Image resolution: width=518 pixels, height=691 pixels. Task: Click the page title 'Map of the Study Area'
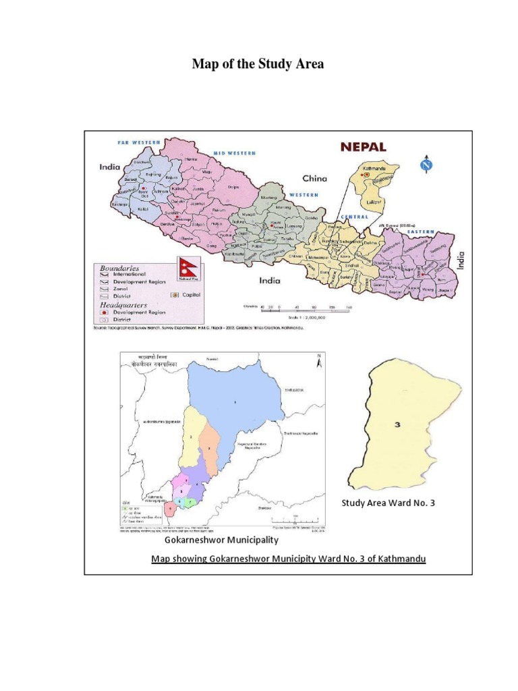[258, 65]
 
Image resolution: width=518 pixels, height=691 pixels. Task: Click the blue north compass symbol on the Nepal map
[426, 164]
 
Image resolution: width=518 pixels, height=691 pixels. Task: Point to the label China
[314, 179]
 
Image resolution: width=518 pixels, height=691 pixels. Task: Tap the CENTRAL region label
[355, 217]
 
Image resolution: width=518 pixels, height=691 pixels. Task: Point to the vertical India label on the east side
[461, 260]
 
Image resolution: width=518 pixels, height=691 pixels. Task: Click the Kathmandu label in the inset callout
[374, 167]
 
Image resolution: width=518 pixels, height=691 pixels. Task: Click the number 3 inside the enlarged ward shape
[398, 424]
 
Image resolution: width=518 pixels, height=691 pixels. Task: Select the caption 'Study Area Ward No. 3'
[388, 503]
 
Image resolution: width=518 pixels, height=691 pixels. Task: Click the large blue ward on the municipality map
[236, 402]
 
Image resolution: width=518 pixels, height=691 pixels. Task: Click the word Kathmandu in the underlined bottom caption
[401, 559]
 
